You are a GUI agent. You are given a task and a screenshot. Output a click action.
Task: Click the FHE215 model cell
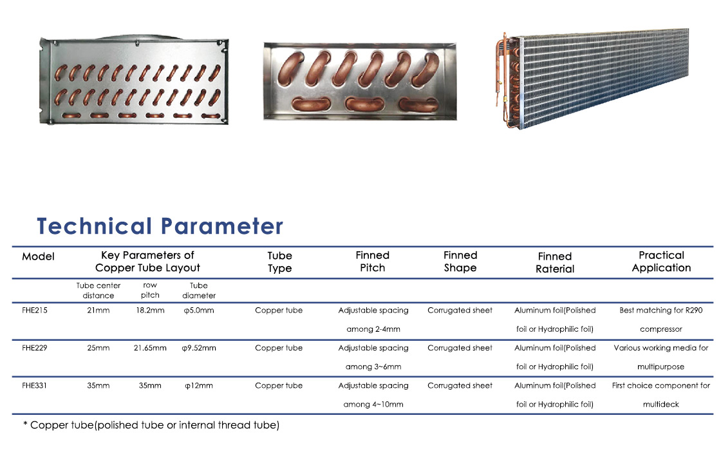coord(35,311)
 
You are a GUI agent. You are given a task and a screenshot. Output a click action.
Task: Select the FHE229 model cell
coord(35,348)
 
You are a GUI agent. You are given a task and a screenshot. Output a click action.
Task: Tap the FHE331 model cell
coord(35,386)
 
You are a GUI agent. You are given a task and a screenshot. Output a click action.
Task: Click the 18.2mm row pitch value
coord(150,311)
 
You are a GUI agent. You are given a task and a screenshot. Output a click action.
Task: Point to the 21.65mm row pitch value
coord(150,348)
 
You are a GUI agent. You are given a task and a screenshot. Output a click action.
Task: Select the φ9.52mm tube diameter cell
coord(199,348)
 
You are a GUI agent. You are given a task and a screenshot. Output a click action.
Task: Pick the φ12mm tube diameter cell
coord(199,386)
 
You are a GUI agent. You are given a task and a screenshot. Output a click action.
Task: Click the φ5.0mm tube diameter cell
coord(199,311)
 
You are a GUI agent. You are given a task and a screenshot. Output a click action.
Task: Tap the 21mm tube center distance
coord(98,311)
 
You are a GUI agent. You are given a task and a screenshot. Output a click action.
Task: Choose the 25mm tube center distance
coord(98,348)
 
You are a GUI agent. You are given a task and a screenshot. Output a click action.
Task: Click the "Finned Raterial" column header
coord(555,263)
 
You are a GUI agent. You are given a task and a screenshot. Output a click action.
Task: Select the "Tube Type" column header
coord(279,262)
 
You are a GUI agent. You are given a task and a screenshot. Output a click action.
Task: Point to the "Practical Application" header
coord(661,262)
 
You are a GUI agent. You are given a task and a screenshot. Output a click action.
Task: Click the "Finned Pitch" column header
coord(373,262)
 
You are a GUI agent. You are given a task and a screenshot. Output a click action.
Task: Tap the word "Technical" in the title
coord(94,226)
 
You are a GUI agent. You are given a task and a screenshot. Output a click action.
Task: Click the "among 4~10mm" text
coord(373,405)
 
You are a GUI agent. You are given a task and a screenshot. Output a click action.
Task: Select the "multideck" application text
coord(660,405)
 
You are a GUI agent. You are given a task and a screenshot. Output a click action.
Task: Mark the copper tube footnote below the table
coord(151,425)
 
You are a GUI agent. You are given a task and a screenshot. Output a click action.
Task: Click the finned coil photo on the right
coord(592,78)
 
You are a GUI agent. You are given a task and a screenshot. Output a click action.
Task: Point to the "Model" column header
coord(38,256)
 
